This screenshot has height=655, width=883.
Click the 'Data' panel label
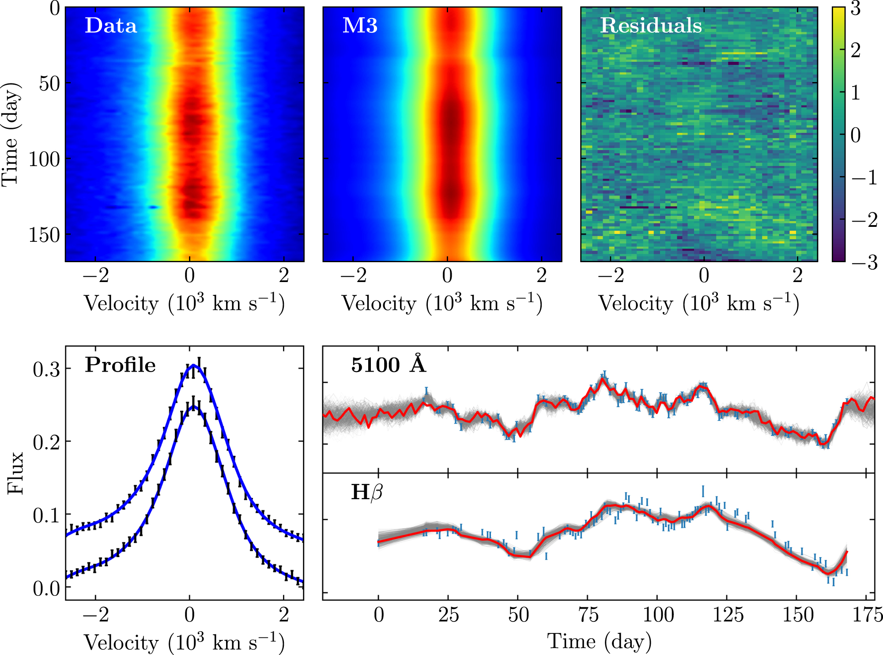click(x=111, y=26)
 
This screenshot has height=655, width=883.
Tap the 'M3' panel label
click(x=360, y=26)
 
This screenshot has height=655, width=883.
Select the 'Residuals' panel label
click(x=651, y=26)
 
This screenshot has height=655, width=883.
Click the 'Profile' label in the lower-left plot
click(x=120, y=365)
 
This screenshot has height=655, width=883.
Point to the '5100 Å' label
click(x=389, y=365)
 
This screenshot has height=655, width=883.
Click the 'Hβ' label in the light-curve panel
click(x=366, y=492)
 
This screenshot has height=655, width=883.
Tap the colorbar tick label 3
click(x=855, y=9)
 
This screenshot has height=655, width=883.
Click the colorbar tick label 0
click(x=855, y=136)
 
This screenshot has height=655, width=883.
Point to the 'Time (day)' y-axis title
click(x=11, y=134)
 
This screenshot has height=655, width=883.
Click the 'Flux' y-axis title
click(x=15, y=473)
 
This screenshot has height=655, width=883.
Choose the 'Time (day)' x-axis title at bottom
click(x=599, y=641)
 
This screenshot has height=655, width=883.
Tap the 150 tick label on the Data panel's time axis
click(x=44, y=235)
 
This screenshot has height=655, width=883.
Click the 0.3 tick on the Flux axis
click(x=46, y=369)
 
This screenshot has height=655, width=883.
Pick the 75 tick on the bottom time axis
click(x=588, y=615)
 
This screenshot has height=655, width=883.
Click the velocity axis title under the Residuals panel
click(x=698, y=304)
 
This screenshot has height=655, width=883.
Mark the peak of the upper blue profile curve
click(x=193, y=365)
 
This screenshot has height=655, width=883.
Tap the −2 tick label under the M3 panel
click(x=354, y=276)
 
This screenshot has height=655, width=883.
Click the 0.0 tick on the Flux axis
click(x=46, y=588)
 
